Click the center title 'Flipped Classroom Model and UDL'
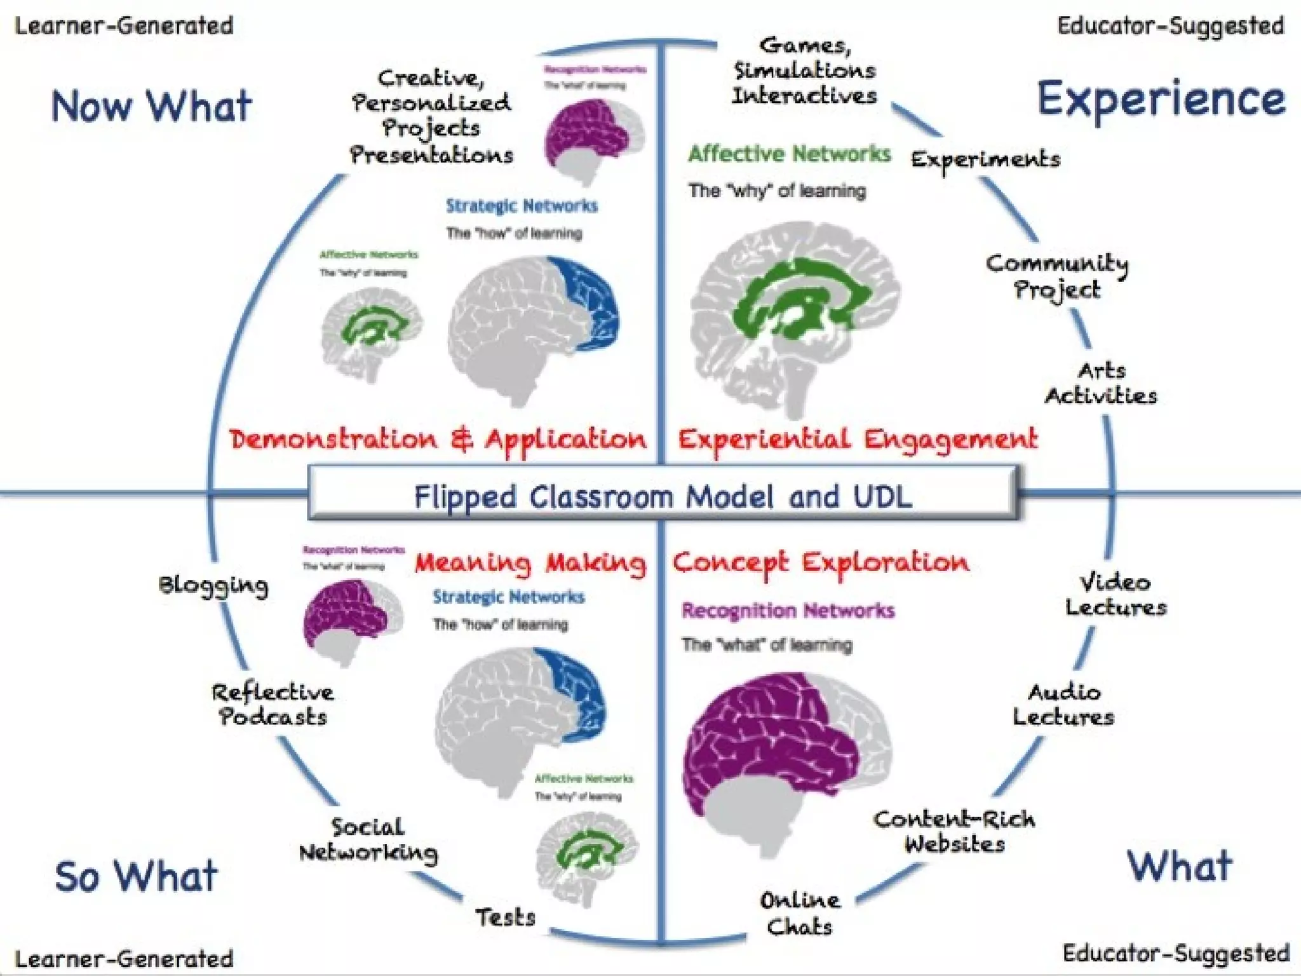[663, 496]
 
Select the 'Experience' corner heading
[1161, 100]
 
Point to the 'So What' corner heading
[136, 877]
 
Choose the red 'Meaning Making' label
[530, 563]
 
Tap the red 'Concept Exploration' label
[821, 563]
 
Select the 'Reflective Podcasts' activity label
[273, 704]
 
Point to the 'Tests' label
[506, 917]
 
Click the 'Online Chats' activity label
[799, 913]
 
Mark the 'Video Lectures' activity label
[1116, 595]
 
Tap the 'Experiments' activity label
[985, 159]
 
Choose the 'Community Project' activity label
[1056, 276]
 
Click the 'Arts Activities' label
[1101, 383]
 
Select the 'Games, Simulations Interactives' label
[804, 71]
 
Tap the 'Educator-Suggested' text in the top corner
[1171, 26]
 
